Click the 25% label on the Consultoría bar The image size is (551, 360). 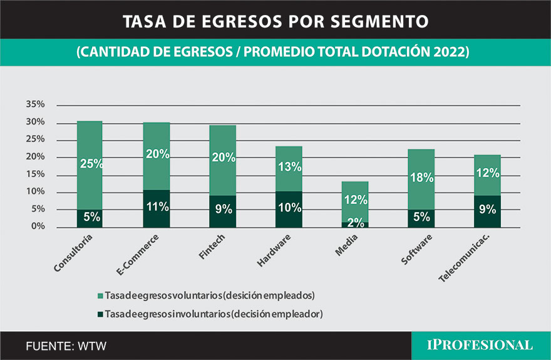coord(90,164)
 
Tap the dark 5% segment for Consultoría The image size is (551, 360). coord(90,219)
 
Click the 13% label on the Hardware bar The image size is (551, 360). coord(289,167)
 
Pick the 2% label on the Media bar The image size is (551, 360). coord(356,223)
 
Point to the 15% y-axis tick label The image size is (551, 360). coord(35,175)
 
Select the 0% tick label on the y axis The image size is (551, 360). coord(38,227)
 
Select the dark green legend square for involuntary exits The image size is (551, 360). coord(101,314)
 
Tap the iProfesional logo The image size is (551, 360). coord(480,345)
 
